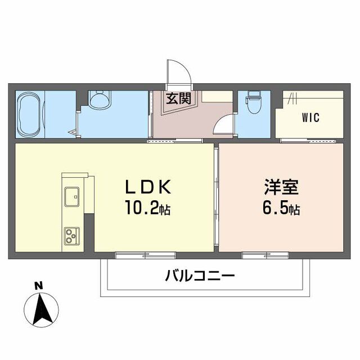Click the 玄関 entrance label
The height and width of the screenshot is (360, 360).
point(179,98)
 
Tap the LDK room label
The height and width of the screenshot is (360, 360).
point(148,186)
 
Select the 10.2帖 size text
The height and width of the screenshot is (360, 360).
point(147,208)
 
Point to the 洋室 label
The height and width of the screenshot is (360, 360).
point(281,187)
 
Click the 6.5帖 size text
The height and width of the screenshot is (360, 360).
point(281,208)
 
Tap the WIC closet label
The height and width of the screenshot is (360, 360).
point(310,118)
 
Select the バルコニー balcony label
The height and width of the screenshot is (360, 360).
point(200,276)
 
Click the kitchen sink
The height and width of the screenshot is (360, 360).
point(72,197)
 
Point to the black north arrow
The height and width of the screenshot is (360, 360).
point(41,310)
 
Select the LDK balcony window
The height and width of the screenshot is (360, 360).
point(146,255)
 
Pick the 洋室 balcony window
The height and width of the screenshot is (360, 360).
point(265,255)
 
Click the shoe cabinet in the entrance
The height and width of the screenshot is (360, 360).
point(217,96)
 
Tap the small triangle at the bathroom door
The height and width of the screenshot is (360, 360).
point(73,132)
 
